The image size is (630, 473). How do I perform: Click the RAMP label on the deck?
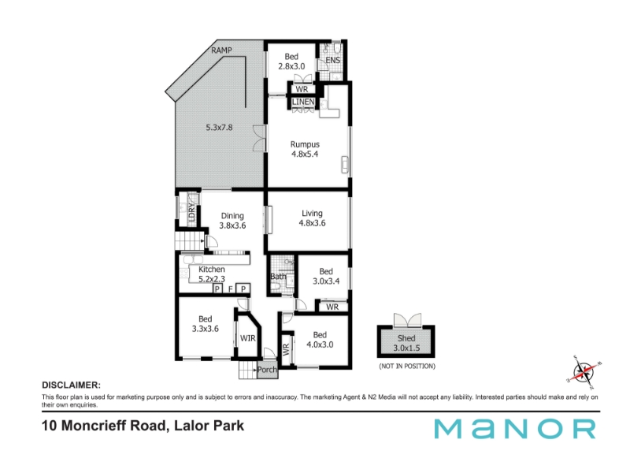(x=221, y=50)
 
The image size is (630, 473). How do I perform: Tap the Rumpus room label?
(x=305, y=144)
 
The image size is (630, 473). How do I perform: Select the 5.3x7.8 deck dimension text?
(x=219, y=128)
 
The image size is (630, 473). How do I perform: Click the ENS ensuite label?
(x=332, y=61)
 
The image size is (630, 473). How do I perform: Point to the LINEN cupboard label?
(x=303, y=102)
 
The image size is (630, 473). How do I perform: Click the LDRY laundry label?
(x=191, y=211)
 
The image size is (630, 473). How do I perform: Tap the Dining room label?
(x=232, y=216)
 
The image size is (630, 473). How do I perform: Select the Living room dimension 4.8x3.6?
(x=312, y=223)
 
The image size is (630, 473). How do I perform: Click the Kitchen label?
(x=212, y=269)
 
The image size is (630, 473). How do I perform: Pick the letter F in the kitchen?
(x=231, y=289)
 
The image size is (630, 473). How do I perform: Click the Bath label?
(x=278, y=277)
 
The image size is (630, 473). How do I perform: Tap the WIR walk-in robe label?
(x=247, y=338)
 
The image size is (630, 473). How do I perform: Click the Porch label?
(x=267, y=370)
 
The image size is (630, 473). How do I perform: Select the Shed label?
(x=406, y=338)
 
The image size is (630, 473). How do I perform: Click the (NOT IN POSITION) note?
(x=407, y=366)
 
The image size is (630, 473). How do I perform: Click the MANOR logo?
(x=515, y=429)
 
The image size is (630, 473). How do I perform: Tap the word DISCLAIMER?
(x=71, y=385)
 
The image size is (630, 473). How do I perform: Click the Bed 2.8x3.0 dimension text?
(x=291, y=66)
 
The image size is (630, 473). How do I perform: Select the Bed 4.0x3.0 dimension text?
(x=320, y=345)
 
